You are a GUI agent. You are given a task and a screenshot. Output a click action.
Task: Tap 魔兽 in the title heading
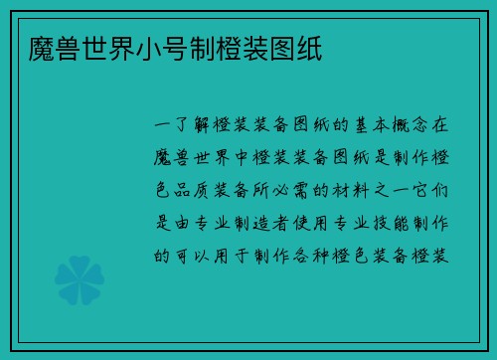tap(43, 48)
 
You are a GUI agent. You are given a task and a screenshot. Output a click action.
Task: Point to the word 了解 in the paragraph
tap(195, 126)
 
